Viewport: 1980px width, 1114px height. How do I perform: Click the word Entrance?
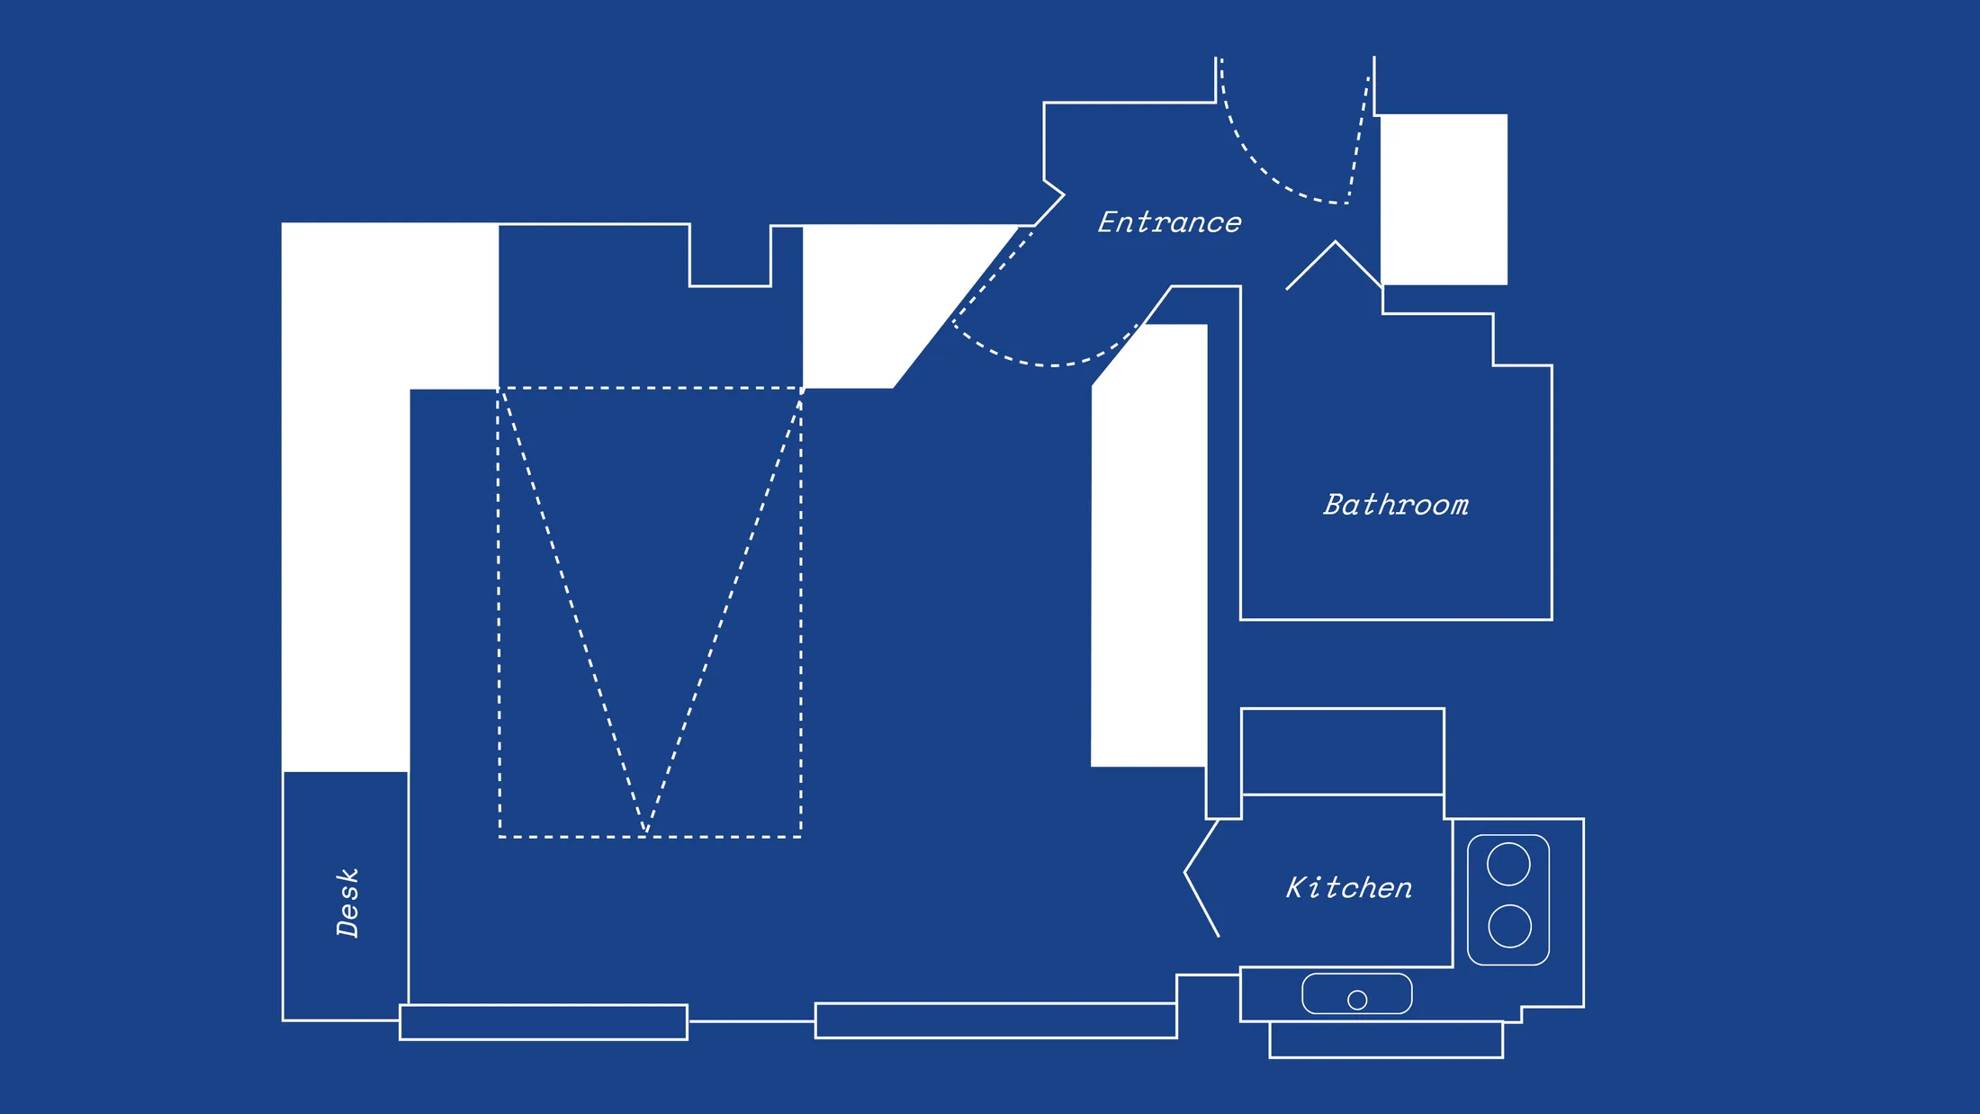[1169, 222]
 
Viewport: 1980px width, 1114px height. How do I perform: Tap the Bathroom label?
[1396, 505]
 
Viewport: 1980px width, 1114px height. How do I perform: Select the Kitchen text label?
[1348, 888]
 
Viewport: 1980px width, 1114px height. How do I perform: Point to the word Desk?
[347, 903]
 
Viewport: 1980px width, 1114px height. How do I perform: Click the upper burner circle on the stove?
[1508, 865]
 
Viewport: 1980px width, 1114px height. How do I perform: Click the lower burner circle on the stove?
[1509, 926]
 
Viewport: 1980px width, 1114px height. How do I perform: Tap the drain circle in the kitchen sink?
[1357, 1000]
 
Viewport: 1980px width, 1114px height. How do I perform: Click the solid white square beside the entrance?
[1444, 199]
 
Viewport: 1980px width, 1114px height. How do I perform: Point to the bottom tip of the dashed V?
[646, 831]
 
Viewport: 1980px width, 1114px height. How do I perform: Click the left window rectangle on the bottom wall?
[544, 1022]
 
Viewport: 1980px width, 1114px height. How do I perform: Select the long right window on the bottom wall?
[995, 1020]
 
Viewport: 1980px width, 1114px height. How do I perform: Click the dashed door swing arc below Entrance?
[1044, 364]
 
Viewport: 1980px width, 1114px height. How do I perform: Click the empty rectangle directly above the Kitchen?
[1342, 751]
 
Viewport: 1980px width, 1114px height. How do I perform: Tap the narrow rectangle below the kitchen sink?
[1386, 1040]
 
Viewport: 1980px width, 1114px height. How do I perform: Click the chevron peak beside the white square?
[1335, 243]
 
